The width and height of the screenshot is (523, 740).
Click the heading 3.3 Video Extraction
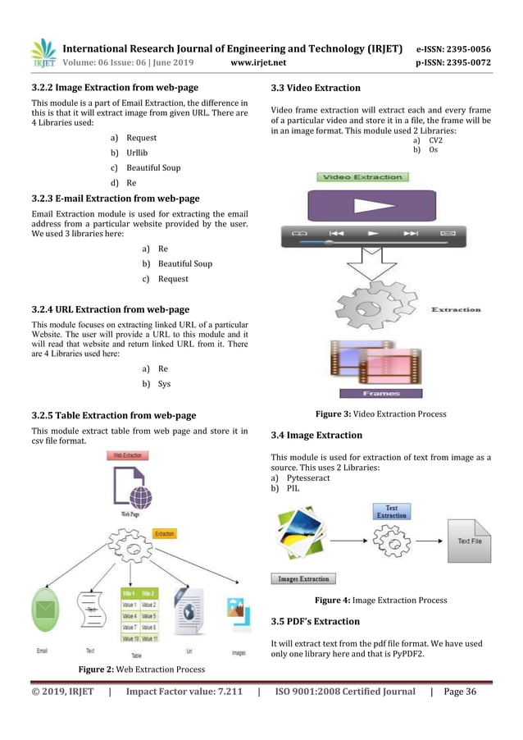pyautogui.click(x=315, y=88)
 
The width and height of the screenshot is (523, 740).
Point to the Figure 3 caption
pyautogui.click(x=375, y=414)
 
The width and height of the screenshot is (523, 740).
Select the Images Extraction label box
pyautogui.click(x=303, y=578)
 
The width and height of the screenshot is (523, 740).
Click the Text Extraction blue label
pyautogui.click(x=391, y=511)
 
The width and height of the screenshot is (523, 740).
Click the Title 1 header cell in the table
pyautogui.click(x=129, y=593)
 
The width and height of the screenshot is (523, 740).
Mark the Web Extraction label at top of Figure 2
pyautogui.click(x=130, y=455)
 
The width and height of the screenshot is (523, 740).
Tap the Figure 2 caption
pyautogui.click(x=141, y=669)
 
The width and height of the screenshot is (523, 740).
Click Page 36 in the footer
pyautogui.click(x=459, y=692)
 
